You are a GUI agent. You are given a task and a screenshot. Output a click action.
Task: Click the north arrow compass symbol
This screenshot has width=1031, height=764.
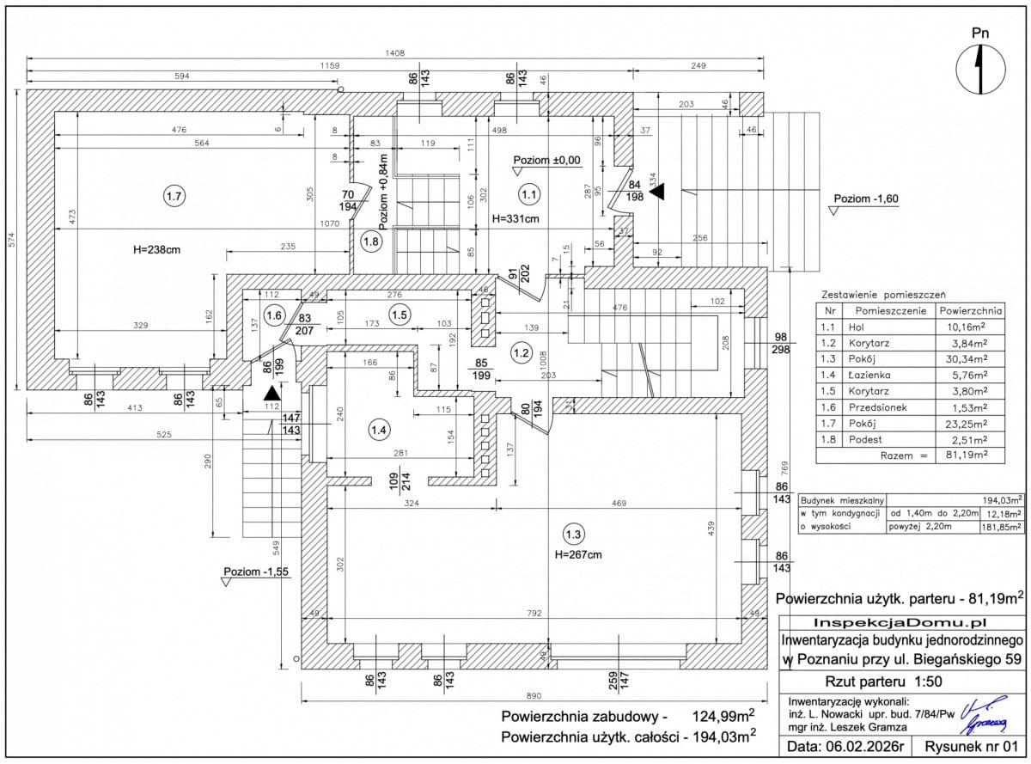tap(980, 70)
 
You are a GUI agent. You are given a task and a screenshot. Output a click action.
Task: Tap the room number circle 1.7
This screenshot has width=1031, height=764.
tap(174, 197)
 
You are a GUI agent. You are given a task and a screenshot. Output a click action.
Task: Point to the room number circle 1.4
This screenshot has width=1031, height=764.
tap(378, 428)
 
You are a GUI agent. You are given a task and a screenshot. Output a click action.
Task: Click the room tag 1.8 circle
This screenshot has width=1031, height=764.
tap(371, 241)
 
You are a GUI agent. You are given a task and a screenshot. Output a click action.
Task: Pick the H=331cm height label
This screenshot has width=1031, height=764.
tap(515, 219)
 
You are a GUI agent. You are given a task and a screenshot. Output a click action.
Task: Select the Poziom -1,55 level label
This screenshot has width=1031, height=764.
tap(255, 572)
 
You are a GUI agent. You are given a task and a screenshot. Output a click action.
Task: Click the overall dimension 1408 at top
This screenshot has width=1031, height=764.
tap(394, 53)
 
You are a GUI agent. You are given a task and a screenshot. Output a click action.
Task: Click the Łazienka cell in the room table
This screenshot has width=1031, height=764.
tap(871, 375)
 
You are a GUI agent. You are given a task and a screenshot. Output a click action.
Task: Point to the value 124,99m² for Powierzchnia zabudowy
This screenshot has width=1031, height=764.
tap(723, 716)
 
